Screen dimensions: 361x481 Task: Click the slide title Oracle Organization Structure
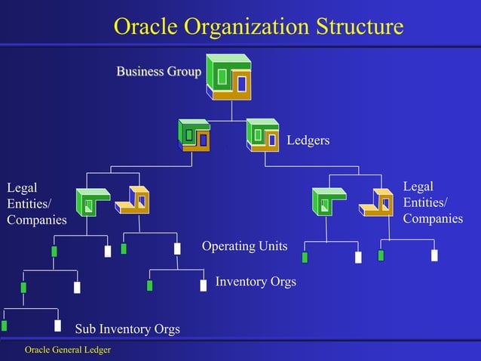pos(259,26)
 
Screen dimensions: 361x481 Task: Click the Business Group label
pos(158,72)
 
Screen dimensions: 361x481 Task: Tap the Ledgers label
pos(308,140)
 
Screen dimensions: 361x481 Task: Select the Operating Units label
pos(244,246)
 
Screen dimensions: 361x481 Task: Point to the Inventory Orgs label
pos(256,282)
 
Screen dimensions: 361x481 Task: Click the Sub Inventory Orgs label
pos(127,329)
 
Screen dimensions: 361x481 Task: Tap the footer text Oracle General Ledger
pos(68,350)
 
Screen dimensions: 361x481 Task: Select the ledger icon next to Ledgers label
pos(262,135)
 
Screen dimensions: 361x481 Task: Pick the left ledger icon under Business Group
pos(194,135)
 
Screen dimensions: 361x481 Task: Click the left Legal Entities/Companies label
pos(36,203)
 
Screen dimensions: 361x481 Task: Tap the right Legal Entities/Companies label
pos(433,202)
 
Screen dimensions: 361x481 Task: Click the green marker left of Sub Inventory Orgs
pos(4,326)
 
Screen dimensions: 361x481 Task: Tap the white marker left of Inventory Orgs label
pos(203,285)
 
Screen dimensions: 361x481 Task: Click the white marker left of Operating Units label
pos(177,248)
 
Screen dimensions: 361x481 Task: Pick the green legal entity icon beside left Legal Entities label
pos(93,203)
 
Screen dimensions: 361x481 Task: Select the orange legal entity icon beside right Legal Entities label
pos(376,201)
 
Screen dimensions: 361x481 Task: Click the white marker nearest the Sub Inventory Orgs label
pos(57,326)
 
